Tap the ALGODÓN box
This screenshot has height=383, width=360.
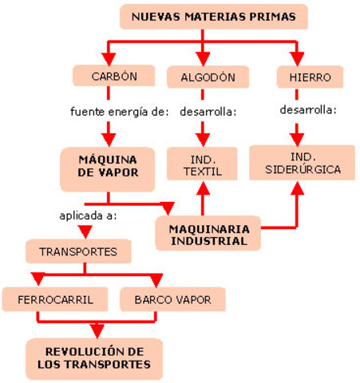(x=203, y=77)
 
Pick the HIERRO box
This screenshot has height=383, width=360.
(x=303, y=77)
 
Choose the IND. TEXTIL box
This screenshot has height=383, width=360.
(x=203, y=161)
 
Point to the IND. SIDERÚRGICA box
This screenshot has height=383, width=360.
(x=303, y=162)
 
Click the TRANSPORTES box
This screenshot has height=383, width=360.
(x=77, y=251)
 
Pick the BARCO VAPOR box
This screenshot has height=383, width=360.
(x=172, y=301)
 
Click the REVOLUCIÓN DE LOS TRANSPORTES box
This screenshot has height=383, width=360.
(x=93, y=357)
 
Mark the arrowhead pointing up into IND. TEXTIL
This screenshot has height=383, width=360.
(x=203, y=188)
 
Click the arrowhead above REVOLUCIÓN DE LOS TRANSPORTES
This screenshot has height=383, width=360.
(x=97, y=330)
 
